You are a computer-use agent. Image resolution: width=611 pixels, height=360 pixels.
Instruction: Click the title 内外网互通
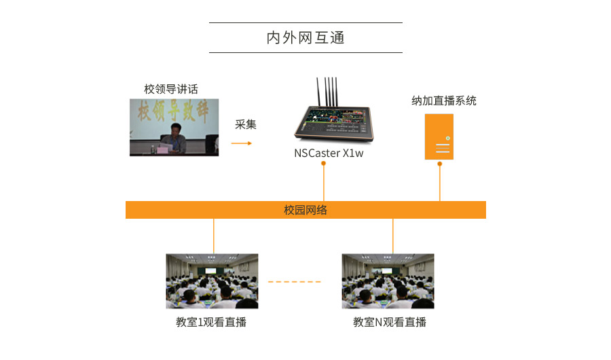point(305,37)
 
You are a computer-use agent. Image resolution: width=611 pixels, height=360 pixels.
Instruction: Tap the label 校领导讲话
point(171,89)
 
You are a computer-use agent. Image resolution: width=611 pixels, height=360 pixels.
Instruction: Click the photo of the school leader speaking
point(174,128)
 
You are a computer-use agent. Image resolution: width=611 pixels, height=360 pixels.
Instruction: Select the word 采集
point(246,124)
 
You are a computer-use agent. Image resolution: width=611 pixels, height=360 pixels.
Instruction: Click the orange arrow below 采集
point(241,143)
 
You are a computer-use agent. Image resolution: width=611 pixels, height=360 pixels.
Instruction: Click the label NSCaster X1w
point(329,154)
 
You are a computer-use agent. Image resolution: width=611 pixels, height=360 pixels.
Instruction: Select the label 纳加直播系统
point(444,101)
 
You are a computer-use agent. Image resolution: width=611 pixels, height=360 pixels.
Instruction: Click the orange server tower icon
point(439,137)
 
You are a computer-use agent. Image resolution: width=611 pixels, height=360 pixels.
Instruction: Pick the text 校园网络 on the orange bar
point(305,210)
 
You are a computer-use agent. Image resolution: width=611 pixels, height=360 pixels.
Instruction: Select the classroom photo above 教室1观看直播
point(212,281)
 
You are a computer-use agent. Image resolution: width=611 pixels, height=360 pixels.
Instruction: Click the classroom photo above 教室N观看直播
point(388,281)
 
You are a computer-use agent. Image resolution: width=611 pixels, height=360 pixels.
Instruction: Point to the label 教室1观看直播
point(211,322)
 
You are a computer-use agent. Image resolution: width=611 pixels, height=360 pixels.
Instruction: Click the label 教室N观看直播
point(390,322)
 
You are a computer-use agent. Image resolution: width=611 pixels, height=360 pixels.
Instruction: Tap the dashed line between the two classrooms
point(294,281)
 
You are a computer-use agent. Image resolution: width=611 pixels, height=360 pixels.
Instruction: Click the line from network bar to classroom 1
point(214,236)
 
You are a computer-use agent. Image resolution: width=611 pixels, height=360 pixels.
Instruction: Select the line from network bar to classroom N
point(393,236)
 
